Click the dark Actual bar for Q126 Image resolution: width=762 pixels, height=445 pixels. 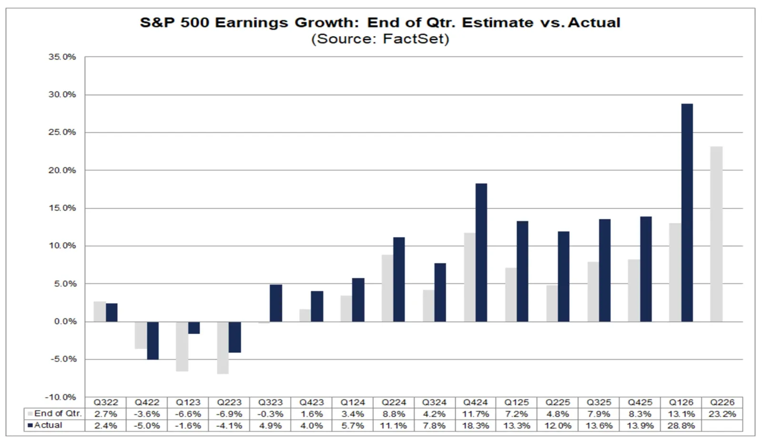point(687,212)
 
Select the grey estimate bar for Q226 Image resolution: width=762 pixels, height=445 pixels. point(716,234)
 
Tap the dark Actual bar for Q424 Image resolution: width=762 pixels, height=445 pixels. point(481,253)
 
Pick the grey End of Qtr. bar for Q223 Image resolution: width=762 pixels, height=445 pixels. point(223,348)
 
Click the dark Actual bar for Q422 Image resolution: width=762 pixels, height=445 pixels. point(153,341)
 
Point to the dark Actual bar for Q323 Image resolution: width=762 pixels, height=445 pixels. point(276,303)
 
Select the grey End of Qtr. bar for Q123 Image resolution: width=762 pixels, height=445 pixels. point(182,346)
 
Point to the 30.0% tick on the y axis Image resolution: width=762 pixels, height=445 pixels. point(62,95)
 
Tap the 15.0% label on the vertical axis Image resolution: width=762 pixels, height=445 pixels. point(62,208)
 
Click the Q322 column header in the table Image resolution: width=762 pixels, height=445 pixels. point(106,403)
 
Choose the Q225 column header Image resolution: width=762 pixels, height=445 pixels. point(558,403)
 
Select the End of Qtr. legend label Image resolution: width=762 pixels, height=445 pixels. point(58,414)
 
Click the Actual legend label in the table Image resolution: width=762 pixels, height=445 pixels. point(48,425)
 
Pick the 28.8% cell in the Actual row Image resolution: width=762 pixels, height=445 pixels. point(681,425)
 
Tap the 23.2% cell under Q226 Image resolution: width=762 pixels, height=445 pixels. point(722,414)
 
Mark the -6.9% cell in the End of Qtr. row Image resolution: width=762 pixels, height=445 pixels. point(229,414)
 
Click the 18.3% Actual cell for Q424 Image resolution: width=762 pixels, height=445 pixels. point(476,425)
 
